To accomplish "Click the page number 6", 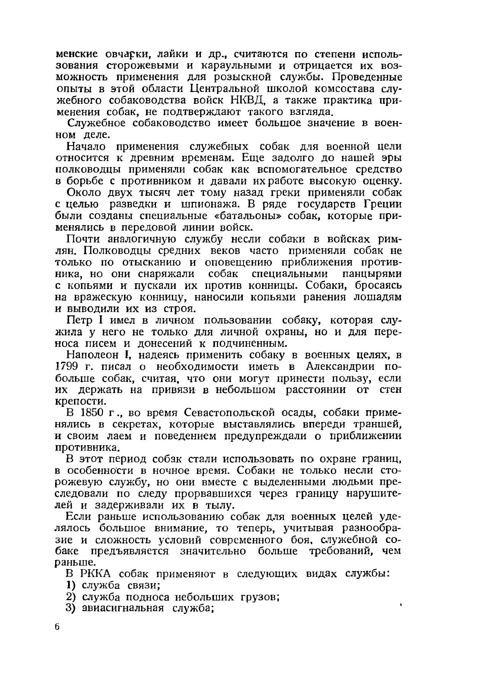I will tap(57, 627).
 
